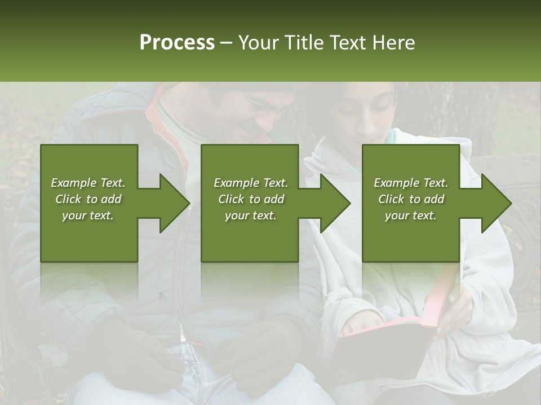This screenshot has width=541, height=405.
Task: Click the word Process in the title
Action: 177,43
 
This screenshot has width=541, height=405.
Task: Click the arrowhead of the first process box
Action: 175,203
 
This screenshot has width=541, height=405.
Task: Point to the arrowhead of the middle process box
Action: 335,203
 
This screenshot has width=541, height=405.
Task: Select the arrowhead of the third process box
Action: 496,203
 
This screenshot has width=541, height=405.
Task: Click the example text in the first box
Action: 88,199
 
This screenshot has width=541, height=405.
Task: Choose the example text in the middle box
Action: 250,199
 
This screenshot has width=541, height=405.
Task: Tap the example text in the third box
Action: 410,199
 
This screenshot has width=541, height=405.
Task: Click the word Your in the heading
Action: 257,43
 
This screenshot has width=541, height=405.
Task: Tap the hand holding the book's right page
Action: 456,309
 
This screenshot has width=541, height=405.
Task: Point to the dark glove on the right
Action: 265,354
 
